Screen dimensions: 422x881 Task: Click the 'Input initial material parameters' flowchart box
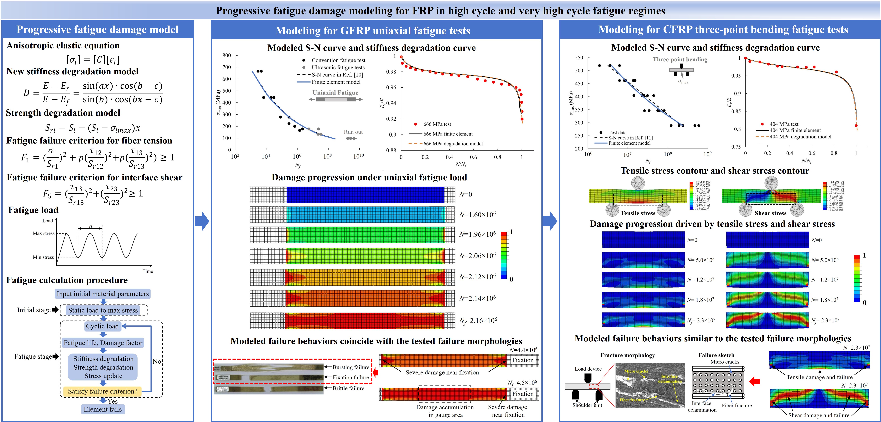pyautogui.click(x=103, y=294)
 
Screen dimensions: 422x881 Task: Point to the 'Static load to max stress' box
pyautogui.click(x=103, y=310)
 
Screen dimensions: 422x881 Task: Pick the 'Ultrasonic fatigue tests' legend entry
pyautogui.click(x=338, y=67)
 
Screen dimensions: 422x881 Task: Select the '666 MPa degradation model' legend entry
pyautogui.click(x=453, y=144)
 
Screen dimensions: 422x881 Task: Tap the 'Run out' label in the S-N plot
pyautogui.click(x=353, y=132)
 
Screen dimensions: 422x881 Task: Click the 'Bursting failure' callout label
pyautogui.click(x=351, y=367)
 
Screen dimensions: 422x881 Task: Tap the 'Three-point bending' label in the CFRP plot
pyautogui.click(x=680, y=60)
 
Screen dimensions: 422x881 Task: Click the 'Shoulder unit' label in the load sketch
pyautogui.click(x=587, y=405)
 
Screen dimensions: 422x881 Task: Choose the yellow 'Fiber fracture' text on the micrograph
pyautogui.click(x=632, y=399)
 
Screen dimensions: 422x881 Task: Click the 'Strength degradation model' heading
pyautogui.click(x=63, y=113)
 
